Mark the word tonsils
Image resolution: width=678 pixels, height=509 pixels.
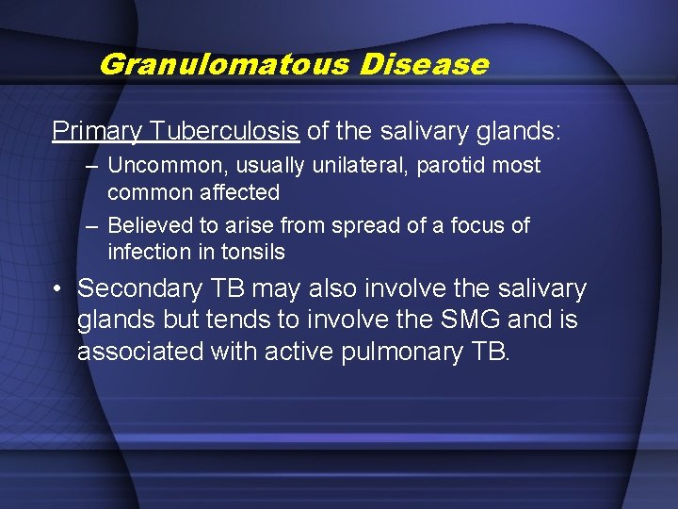click(x=252, y=253)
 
